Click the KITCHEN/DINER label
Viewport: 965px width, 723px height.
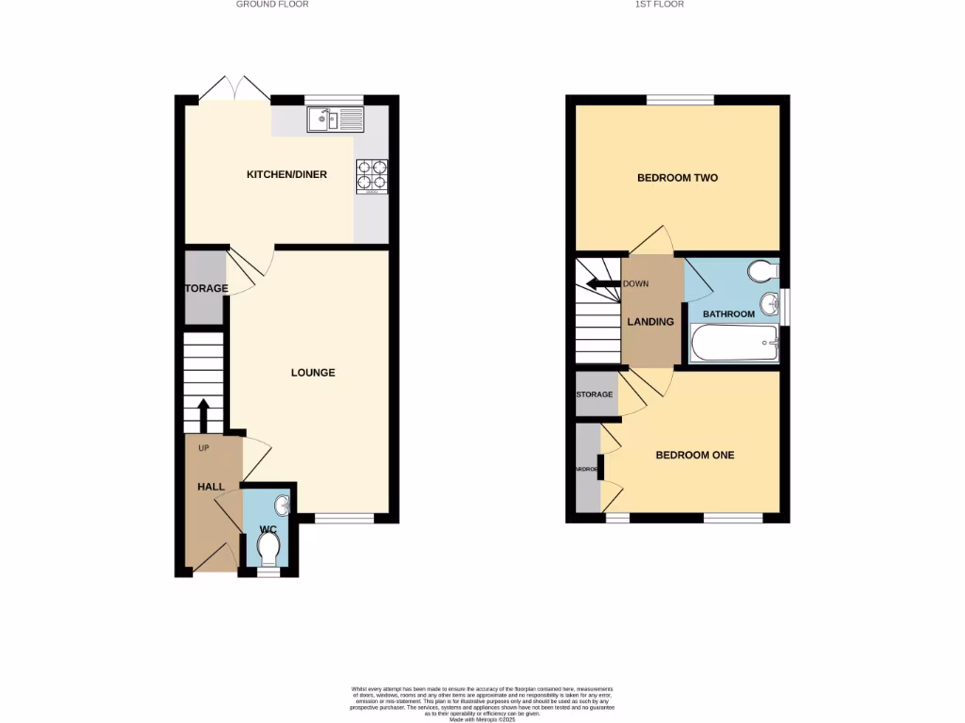286,174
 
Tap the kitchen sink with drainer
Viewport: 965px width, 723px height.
335,120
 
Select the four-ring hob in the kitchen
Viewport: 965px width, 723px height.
372,176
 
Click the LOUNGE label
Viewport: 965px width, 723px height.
313,373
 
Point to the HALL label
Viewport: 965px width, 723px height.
211,487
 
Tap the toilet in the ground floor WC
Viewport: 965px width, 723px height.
269,547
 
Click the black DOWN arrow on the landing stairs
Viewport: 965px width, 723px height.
598,283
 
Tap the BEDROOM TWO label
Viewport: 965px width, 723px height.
678,178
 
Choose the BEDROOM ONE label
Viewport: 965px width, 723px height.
695,456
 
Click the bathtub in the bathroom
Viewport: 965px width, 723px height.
735,344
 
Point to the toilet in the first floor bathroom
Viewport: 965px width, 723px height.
761,272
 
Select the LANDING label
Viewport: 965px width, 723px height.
651,322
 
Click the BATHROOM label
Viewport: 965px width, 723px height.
728,314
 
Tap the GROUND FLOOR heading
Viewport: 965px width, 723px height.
272,5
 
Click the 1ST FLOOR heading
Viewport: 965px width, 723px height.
660,5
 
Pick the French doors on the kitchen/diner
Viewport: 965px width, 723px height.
235,89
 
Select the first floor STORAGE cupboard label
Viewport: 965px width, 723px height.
595,394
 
